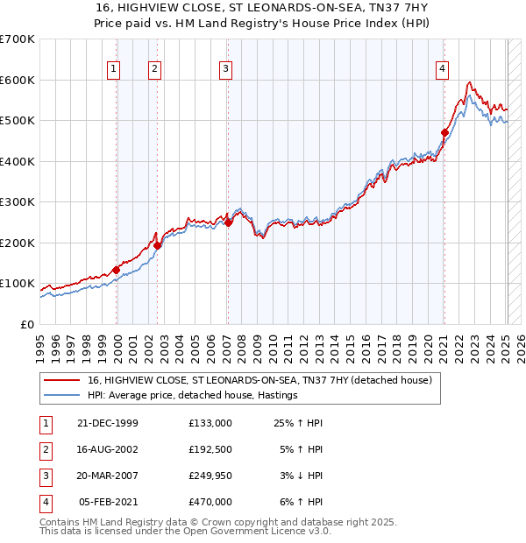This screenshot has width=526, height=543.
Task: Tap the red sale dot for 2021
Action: point(444,133)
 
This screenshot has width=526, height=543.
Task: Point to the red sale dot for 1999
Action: point(117,270)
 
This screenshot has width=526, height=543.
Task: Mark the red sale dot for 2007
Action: point(228,222)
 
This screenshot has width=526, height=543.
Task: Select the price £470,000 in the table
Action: point(210,502)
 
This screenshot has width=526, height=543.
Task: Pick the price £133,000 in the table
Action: point(210,423)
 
